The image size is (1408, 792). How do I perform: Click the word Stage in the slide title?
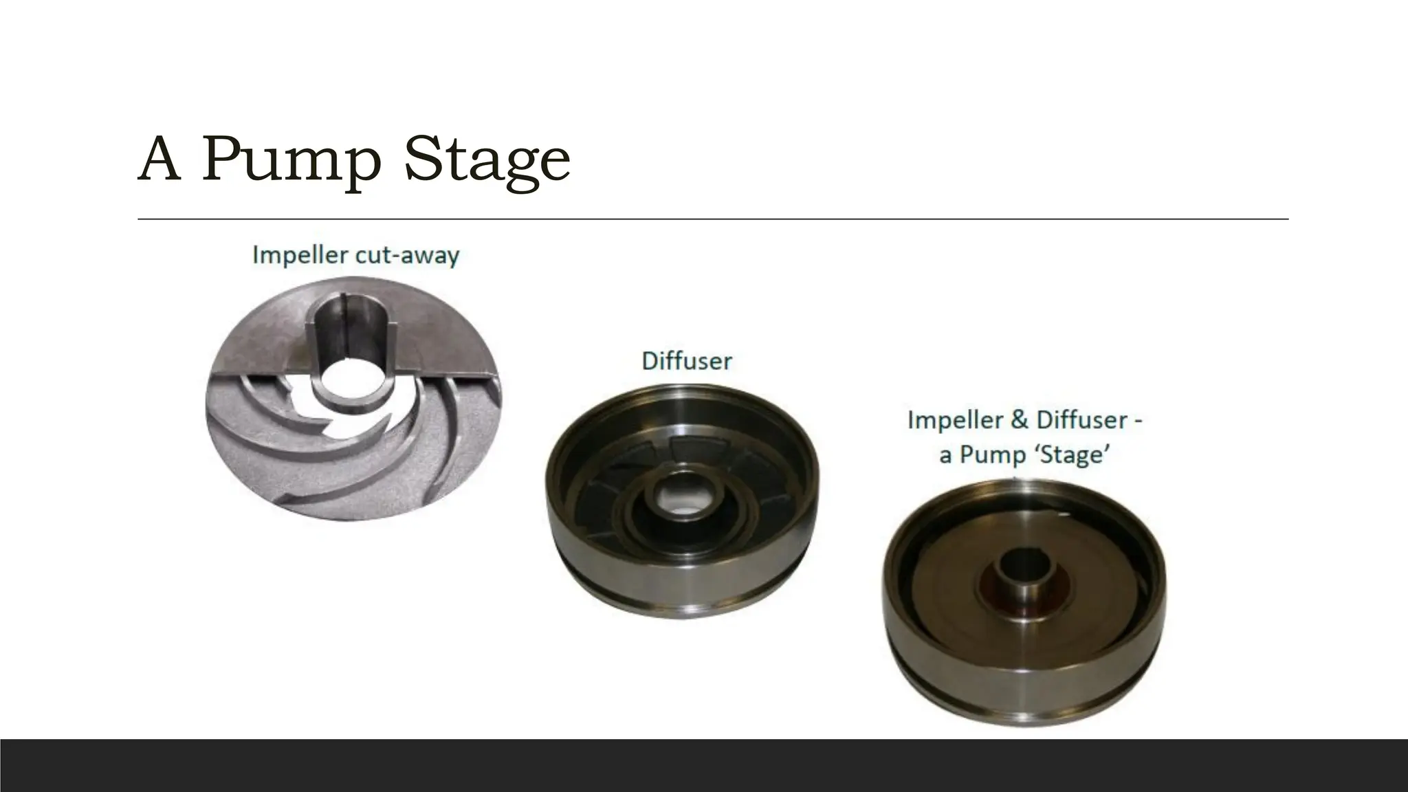click(x=487, y=159)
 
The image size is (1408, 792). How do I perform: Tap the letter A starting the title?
click(x=159, y=159)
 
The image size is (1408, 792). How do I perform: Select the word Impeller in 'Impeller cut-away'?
click(x=300, y=256)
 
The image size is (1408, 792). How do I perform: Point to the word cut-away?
click(x=407, y=256)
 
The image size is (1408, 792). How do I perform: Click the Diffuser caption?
click(x=686, y=361)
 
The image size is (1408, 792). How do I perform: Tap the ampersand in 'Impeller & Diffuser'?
click(x=1021, y=420)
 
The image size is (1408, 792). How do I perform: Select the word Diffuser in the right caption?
click(x=1083, y=420)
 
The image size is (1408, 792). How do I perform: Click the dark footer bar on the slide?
click(x=704, y=765)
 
